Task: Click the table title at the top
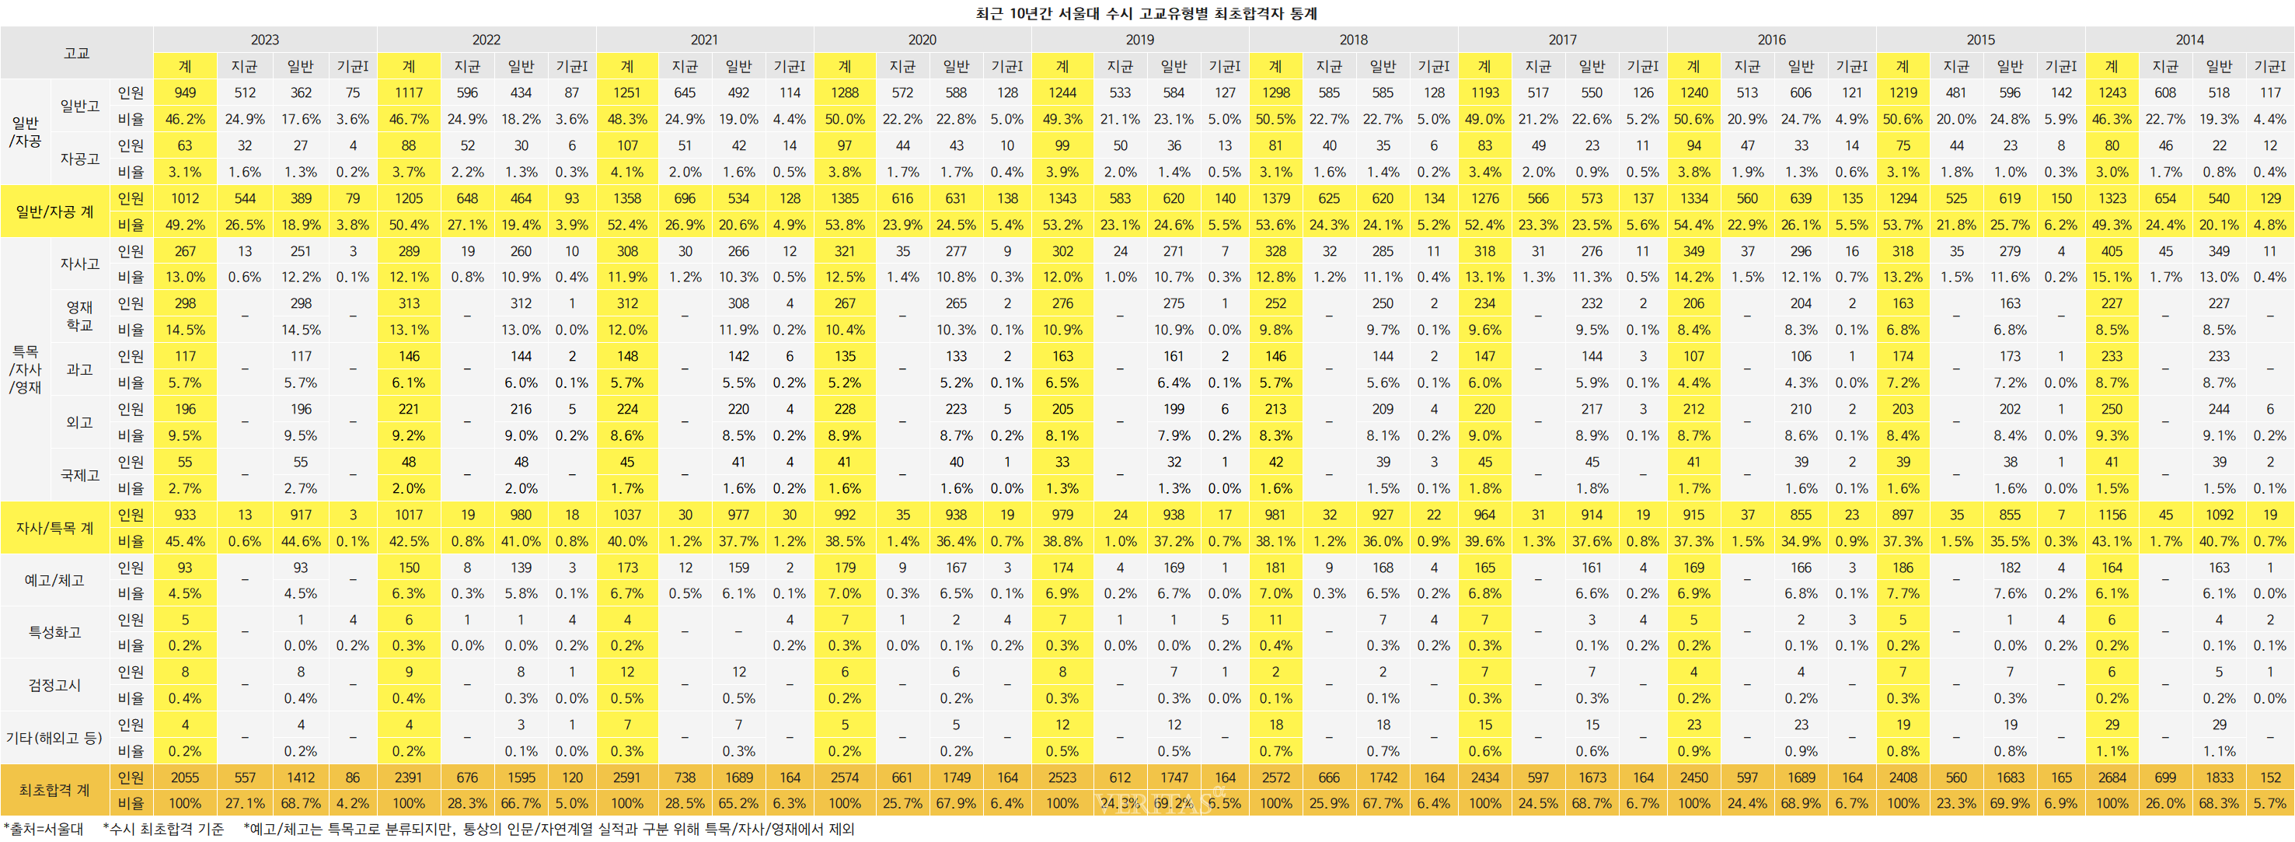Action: pyautogui.click(x=1146, y=13)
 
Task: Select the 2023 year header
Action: pyautogui.click(x=264, y=39)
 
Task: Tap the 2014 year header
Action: pyautogui.click(x=2189, y=39)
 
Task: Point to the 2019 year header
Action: pyautogui.click(x=1139, y=39)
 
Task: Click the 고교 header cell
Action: pyautogui.click(x=77, y=53)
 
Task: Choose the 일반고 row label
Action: pyautogui.click(x=79, y=106)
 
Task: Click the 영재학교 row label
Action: pyautogui.click(x=79, y=316)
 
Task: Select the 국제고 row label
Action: pyautogui.click(x=79, y=475)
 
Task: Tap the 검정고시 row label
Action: pyautogui.click(x=54, y=685)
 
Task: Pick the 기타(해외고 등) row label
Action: pyautogui.click(x=54, y=738)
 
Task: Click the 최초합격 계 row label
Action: pyautogui.click(x=54, y=791)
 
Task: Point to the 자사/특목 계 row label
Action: pyautogui.click(x=54, y=527)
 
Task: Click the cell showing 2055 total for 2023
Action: pyautogui.click(x=184, y=777)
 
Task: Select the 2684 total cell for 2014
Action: pyautogui.click(x=2112, y=777)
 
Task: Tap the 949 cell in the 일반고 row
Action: pyautogui.click(x=184, y=93)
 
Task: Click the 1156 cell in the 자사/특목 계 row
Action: pyautogui.click(x=2112, y=515)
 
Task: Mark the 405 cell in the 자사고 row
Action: pyautogui.click(x=2112, y=251)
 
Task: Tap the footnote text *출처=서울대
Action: pyautogui.click(x=43, y=830)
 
